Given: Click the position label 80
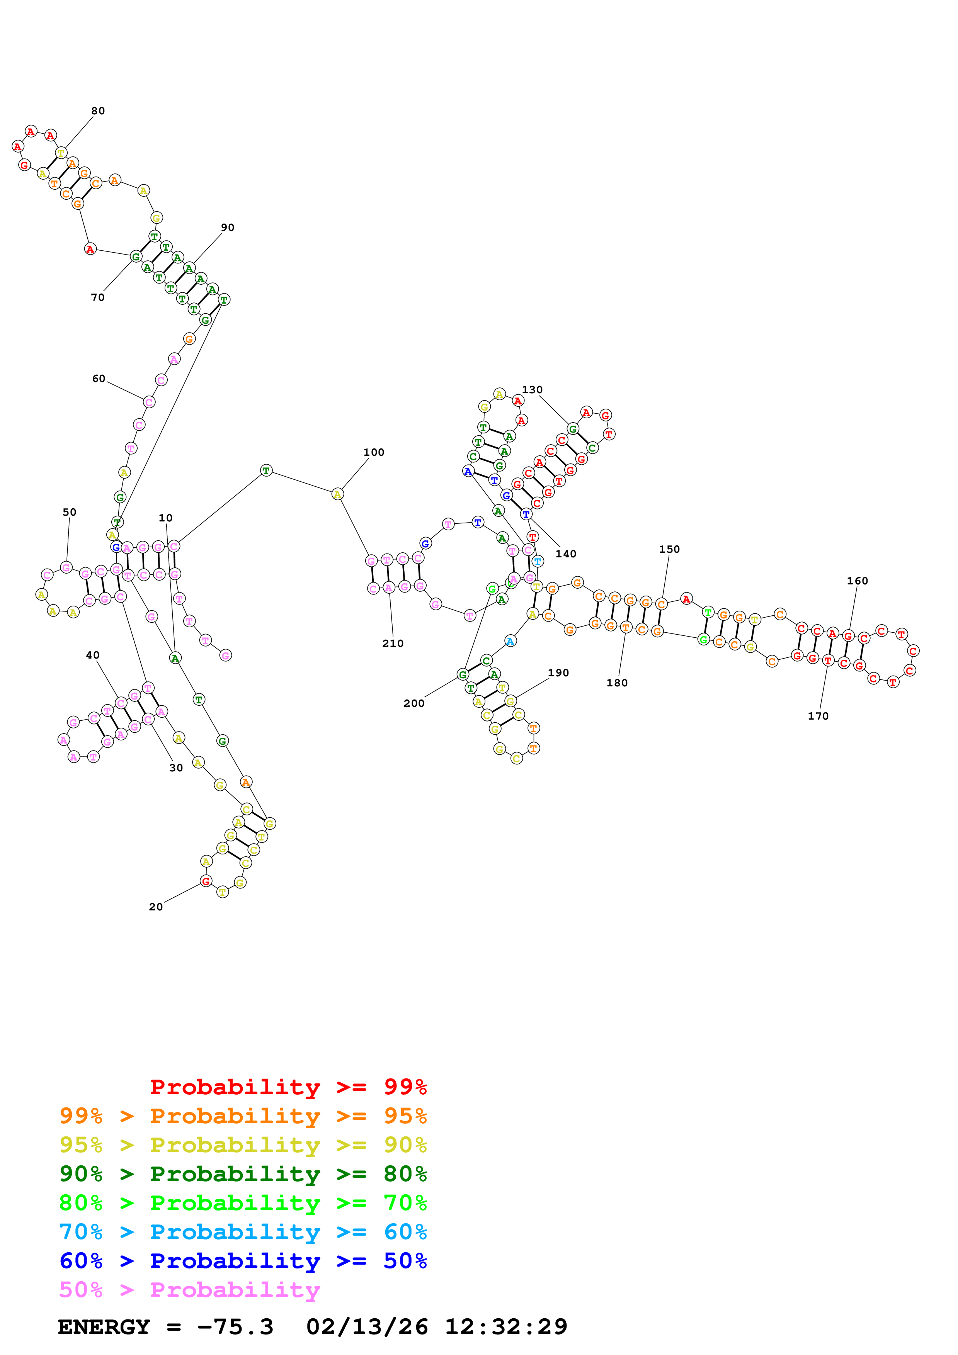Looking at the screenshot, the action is point(98,111).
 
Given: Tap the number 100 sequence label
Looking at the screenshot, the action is point(374,452).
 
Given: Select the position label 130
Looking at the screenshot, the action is point(532,389).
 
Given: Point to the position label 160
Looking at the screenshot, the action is point(857,581).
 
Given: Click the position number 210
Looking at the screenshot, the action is point(393,643).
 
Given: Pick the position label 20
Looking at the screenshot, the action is point(156,907).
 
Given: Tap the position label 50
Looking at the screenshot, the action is point(70,512).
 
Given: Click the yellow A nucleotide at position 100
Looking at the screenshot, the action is point(337,494).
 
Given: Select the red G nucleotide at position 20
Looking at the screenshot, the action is point(206,881).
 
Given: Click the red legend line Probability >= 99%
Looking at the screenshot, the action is point(288,1087).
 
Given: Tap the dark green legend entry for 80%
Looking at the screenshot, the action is point(243,1174).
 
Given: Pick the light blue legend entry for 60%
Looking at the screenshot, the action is point(243,1232).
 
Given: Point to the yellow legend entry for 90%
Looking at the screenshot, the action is point(243,1145).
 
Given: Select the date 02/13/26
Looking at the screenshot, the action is point(367,1327).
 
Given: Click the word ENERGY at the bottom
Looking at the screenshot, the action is point(104,1327).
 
